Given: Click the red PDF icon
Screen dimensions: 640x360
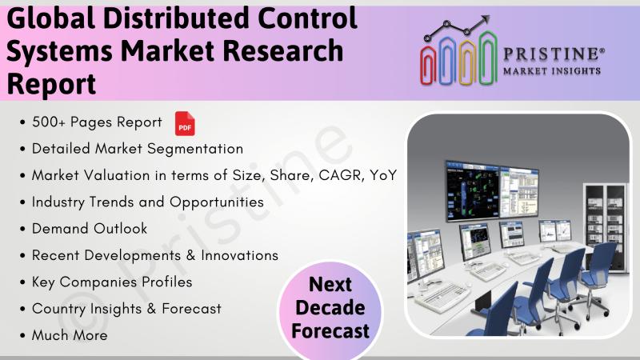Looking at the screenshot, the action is [x=185, y=123].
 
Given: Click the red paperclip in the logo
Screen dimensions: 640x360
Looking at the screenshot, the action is [x=429, y=65].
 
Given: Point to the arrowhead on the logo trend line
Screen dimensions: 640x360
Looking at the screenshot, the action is [x=485, y=19].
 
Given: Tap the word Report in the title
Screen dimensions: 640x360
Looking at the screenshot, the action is [x=51, y=84].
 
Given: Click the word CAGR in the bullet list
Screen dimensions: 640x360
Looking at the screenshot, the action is [x=341, y=175].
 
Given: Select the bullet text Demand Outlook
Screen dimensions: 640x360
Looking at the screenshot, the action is [x=90, y=229].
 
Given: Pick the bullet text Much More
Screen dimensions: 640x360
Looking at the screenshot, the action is [x=70, y=335].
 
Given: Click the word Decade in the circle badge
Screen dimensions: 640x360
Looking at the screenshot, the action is [x=330, y=308].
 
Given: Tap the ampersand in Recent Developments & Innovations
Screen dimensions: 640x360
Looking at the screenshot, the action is [x=190, y=255].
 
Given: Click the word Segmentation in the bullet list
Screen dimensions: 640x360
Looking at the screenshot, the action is [x=195, y=150].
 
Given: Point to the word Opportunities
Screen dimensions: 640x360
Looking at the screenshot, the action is [x=217, y=202].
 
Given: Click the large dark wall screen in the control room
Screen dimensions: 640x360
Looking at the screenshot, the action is [x=473, y=191].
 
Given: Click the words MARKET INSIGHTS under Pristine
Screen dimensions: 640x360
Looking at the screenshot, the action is [x=552, y=71].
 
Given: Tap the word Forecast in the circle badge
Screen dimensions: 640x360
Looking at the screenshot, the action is [x=330, y=330].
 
